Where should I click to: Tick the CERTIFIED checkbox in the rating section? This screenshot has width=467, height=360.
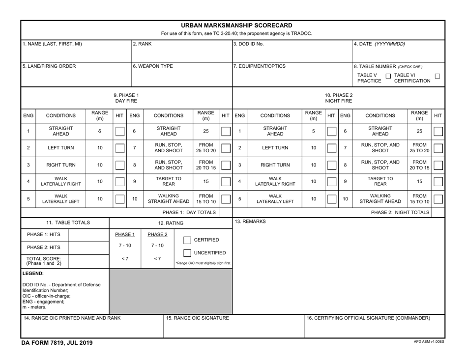click(187, 240)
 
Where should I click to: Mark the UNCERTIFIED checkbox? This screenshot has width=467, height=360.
click(187, 253)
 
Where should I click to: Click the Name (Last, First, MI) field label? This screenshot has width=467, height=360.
click(53, 44)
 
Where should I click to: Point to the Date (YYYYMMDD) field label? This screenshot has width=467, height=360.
click(379, 44)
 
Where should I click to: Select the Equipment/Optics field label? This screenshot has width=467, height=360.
click(257, 66)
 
